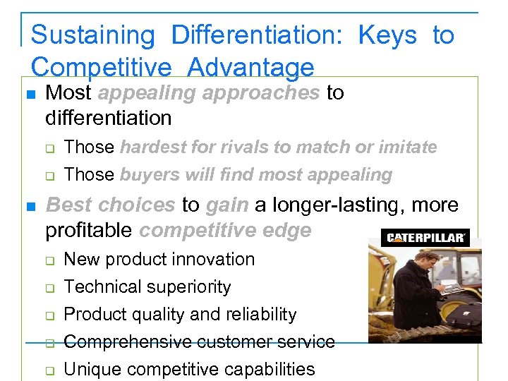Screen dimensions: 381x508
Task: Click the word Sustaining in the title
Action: click(93, 35)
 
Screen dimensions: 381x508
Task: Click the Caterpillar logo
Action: click(425, 238)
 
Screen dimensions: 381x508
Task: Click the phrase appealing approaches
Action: click(209, 93)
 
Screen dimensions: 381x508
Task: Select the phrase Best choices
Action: click(110, 205)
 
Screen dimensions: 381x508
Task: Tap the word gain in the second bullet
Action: click(227, 205)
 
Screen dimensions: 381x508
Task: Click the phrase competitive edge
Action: click(226, 230)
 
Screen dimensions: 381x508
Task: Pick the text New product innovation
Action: click(159, 259)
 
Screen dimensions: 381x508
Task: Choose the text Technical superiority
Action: click(147, 286)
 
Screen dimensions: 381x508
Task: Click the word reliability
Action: click(261, 314)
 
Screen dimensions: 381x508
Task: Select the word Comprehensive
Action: click(128, 341)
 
